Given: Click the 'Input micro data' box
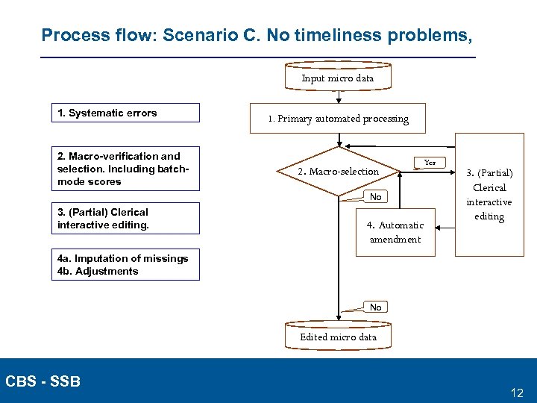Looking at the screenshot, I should (x=338, y=78).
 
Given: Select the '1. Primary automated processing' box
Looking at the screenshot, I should (x=339, y=119).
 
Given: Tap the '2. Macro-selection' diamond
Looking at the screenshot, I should (x=339, y=172).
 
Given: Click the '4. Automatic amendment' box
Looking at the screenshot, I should (x=395, y=232).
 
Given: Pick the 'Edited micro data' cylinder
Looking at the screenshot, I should (x=338, y=337).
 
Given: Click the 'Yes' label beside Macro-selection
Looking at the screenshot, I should (x=430, y=162).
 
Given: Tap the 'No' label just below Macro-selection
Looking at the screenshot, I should (x=375, y=197).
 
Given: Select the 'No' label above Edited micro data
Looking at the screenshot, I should (x=375, y=307).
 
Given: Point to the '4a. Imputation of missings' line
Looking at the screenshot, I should (x=123, y=258).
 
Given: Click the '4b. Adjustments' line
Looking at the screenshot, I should (x=98, y=271).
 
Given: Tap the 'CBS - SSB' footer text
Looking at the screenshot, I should (x=43, y=381).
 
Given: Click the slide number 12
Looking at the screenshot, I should (x=517, y=392).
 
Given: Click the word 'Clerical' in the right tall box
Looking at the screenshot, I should (x=489, y=187).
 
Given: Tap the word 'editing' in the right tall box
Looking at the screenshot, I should (x=490, y=216).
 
